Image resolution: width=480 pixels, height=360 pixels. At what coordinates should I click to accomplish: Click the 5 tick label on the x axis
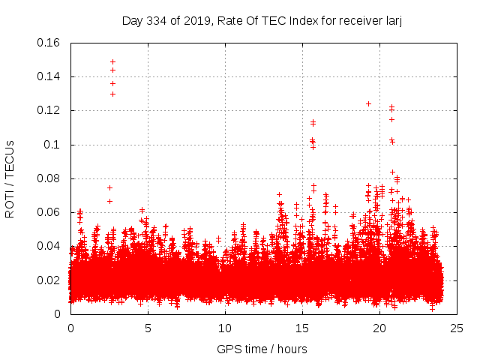pos(148,328)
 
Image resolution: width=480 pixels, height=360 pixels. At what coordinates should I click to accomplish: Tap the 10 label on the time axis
pos(225,328)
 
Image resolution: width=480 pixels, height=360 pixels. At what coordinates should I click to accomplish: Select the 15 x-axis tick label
pos(302,328)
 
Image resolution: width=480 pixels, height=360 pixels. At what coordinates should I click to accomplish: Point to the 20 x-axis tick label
pos(379,328)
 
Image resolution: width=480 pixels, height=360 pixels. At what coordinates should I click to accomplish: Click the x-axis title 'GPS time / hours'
pos(262,349)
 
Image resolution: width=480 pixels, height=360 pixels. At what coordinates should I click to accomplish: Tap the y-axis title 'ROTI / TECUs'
pos(10,178)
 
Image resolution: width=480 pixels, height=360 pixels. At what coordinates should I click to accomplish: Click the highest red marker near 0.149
pos(112,61)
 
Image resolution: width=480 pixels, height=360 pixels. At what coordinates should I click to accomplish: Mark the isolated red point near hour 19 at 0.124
pos(368,103)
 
